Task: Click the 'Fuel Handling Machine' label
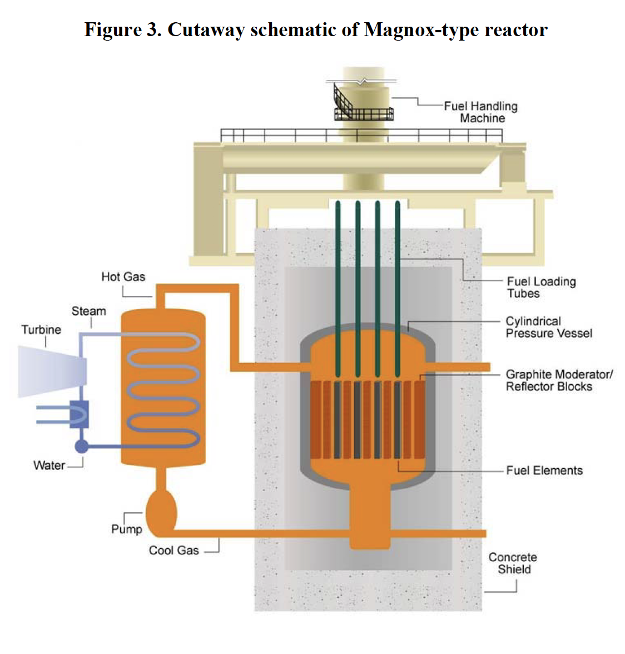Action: [x=480, y=112]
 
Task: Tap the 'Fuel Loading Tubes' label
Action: [x=540, y=287]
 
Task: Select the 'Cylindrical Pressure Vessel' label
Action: [x=548, y=327]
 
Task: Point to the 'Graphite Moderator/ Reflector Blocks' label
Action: [x=558, y=380]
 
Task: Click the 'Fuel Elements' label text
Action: [x=544, y=470]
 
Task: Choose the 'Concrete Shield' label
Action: [x=513, y=563]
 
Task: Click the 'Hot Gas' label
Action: [x=123, y=276]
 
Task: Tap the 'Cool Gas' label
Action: [x=173, y=550]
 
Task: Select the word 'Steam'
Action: [x=88, y=311]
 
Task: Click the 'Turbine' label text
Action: [x=41, y=329]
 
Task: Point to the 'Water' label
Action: [x=49, y=465]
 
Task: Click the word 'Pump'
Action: [x=126, y=529]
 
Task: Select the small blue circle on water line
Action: [x=82, y=446]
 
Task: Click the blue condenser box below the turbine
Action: [x=80, y=414]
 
